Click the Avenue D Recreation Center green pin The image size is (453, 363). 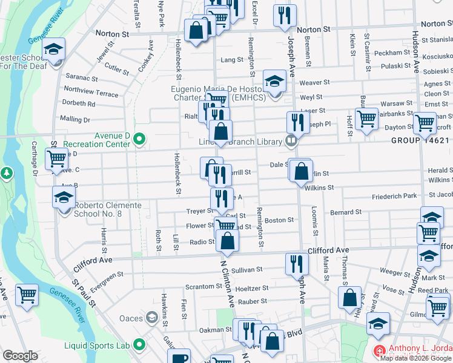click(139, 140)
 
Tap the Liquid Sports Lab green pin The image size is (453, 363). click(139, 345)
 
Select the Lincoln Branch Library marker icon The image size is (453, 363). click(291, 141)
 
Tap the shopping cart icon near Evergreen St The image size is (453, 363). click(27, 295)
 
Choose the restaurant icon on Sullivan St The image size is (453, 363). click(296, 263)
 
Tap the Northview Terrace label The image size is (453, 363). click(91, 94)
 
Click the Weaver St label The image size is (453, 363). click(314, 82)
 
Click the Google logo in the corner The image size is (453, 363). click(21, 355)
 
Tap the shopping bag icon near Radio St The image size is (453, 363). click(227, 241)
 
